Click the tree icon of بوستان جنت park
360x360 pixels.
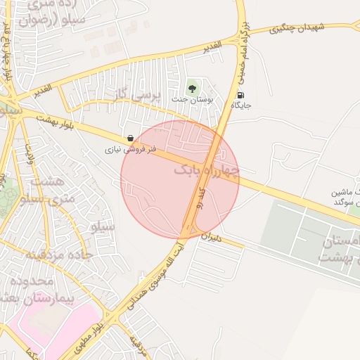[192, 89]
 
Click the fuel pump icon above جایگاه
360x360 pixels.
[241, 95]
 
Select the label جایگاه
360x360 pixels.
[241, 105]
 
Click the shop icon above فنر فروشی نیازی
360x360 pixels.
[130, 139]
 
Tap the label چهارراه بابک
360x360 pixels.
[207, 170]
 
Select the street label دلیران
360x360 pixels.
[212, 238]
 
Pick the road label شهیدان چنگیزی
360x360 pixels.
[299, 27]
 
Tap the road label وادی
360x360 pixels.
[30, 153]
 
